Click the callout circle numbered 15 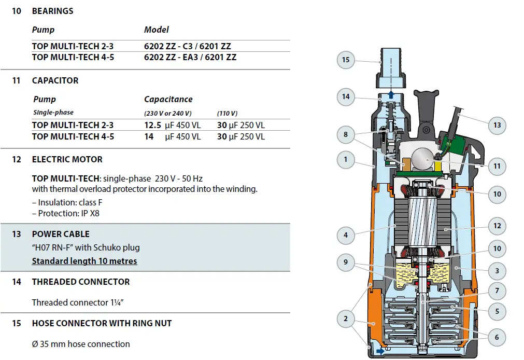point(346,60)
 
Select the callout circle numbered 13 point(497,125)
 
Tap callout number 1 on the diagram point(346,159)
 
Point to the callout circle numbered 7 point(497,290)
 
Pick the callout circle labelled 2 point(346,319)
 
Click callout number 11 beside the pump point(497,167)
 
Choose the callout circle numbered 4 point(346,235)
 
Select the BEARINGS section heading point(52,11)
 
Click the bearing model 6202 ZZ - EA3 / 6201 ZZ point(190,57)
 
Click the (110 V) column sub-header point(227,113)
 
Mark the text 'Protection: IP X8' point(66,213)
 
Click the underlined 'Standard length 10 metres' point(84,261)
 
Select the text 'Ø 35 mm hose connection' point(81,344)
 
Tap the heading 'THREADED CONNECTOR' point(81,282)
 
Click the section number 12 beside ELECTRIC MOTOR point(17,159)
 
